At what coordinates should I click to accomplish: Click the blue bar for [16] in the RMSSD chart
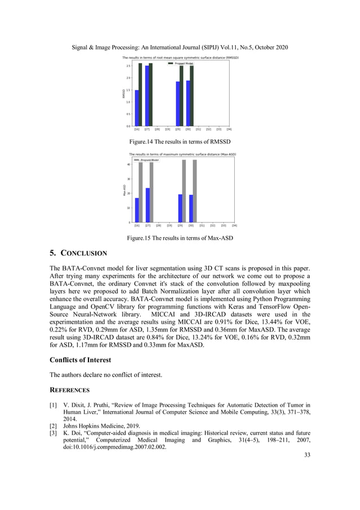pos(137,108)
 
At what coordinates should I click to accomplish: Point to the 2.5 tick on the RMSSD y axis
pos(129,66)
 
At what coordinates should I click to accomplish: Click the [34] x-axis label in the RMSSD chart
pos(229,129)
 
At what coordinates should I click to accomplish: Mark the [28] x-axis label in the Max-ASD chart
pos(158,225)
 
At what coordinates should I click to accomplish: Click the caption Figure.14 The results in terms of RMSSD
pos(179,141)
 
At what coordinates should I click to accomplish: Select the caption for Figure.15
pos(179,238)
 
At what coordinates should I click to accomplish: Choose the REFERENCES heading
pos(69,389)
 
